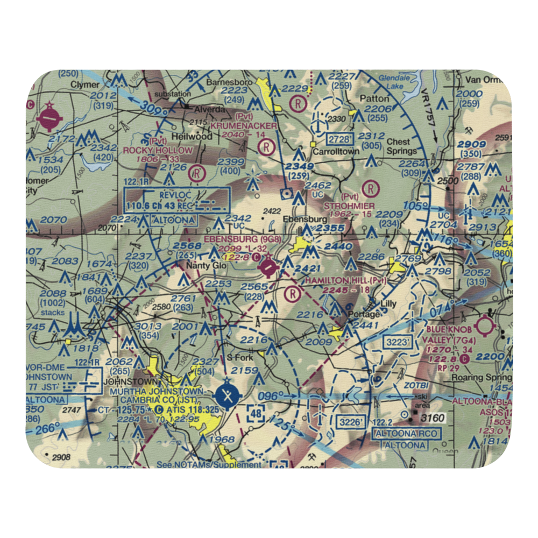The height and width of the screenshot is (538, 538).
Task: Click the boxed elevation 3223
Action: [x=398, y=341]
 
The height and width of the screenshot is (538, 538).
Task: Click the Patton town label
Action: [x=374, y=98]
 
